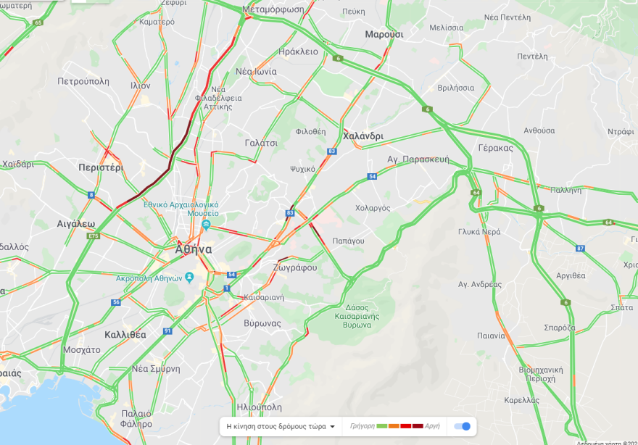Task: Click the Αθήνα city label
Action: (x=194, y=249)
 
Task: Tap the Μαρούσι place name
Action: (x=384, y=34)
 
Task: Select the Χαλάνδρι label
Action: (x=362, y=136)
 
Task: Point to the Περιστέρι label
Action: (x=101, y=167)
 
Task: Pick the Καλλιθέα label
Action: (x=125, y=335)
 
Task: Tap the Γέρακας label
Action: (x=495, y=148)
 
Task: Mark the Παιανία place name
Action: (x=491, y=336)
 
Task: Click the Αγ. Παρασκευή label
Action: (x=418, y=159)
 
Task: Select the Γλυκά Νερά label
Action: (x=479, y=232)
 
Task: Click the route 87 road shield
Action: (x=580, y=249)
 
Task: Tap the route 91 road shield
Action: (x=167, y=330)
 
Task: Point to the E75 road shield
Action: (x=93, y=236)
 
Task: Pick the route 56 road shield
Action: (x=116, y=301)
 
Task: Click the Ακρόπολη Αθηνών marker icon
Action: (x=189, y=277)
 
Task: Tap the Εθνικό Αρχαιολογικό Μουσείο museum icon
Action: (x=206, y=225)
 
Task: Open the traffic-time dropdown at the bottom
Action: (x=281, y=426)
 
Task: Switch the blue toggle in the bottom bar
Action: (x=462, y=426)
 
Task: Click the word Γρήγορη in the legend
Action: (x=362, y=426)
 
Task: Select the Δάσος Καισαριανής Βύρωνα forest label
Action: (x=353, y=315)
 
